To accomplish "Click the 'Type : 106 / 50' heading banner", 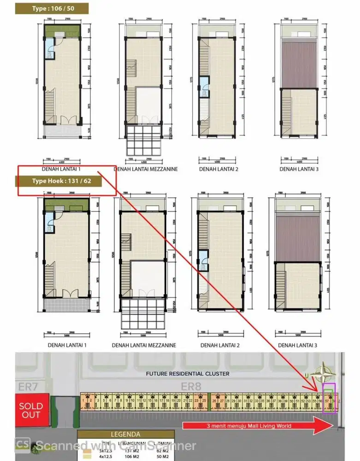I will (x=52, y=8).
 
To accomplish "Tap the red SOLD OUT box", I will (x=31, y=410).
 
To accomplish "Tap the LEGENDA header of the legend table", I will (x=125, y=434).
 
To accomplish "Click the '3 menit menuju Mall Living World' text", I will (x=249, y=426).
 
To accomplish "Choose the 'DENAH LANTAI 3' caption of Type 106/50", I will (x=299, y=169).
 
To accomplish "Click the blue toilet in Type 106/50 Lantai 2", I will (x=204, y=90).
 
